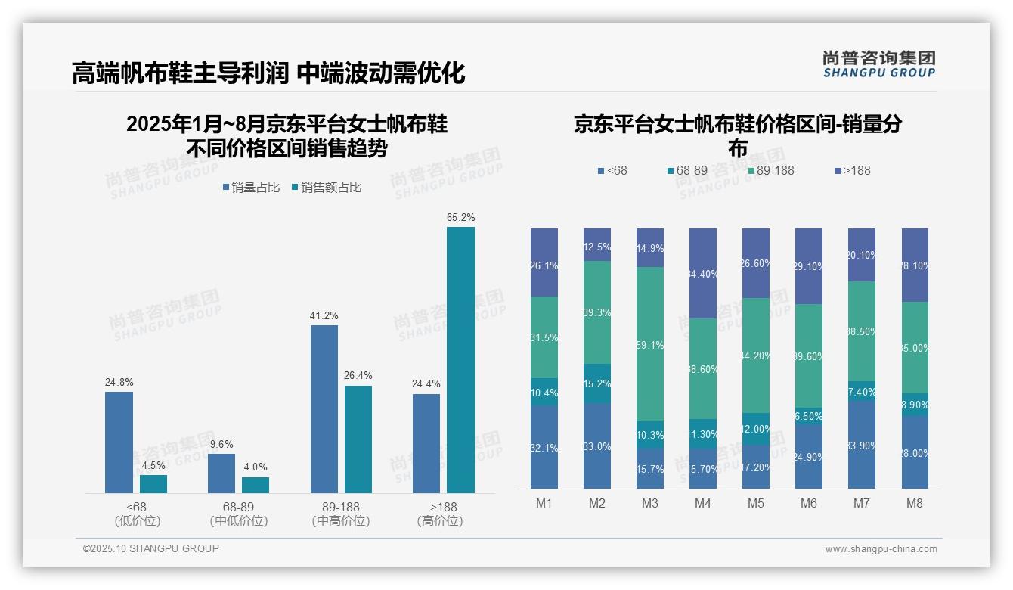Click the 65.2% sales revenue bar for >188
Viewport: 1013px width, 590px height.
click(x=460, y=360)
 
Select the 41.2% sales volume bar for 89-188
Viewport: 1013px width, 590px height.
click(x=324, y=409)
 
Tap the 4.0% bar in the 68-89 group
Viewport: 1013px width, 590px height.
click(x=256, y=485)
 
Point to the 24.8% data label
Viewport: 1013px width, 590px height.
click(x=119, y=383)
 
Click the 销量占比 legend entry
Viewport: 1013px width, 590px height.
click(x=251, y=188)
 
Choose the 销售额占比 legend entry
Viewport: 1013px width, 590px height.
click(x=326, y=188)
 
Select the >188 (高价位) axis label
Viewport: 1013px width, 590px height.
click(x=440, y=514)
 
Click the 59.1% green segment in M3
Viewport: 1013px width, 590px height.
click(x=650, y=344)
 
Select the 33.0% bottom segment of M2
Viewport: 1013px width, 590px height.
click(x=597, y=446)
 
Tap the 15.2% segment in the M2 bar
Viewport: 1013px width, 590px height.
click(x=597, y=383)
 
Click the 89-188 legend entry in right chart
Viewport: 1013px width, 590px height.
click(x=770, y=171)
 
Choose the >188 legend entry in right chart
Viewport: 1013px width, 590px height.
click(x=852, y=171)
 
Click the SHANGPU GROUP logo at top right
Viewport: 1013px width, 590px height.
click(x=878, y=64)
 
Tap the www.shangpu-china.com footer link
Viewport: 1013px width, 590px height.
click(x=881, y=549)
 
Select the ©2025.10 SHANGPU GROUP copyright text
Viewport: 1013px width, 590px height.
click(x=151, y=548)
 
